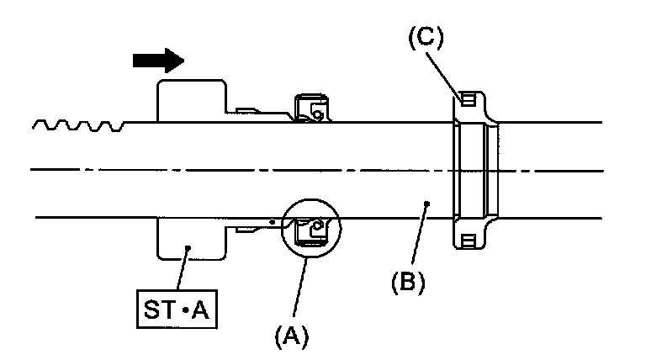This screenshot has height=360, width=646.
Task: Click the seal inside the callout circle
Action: point(310,229)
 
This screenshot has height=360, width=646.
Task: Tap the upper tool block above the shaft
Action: point(191,101)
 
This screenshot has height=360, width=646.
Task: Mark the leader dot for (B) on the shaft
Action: point(427,203)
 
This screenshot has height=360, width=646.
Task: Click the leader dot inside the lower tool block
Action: point(188,247)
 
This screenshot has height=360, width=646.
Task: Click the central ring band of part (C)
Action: point(473,171)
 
